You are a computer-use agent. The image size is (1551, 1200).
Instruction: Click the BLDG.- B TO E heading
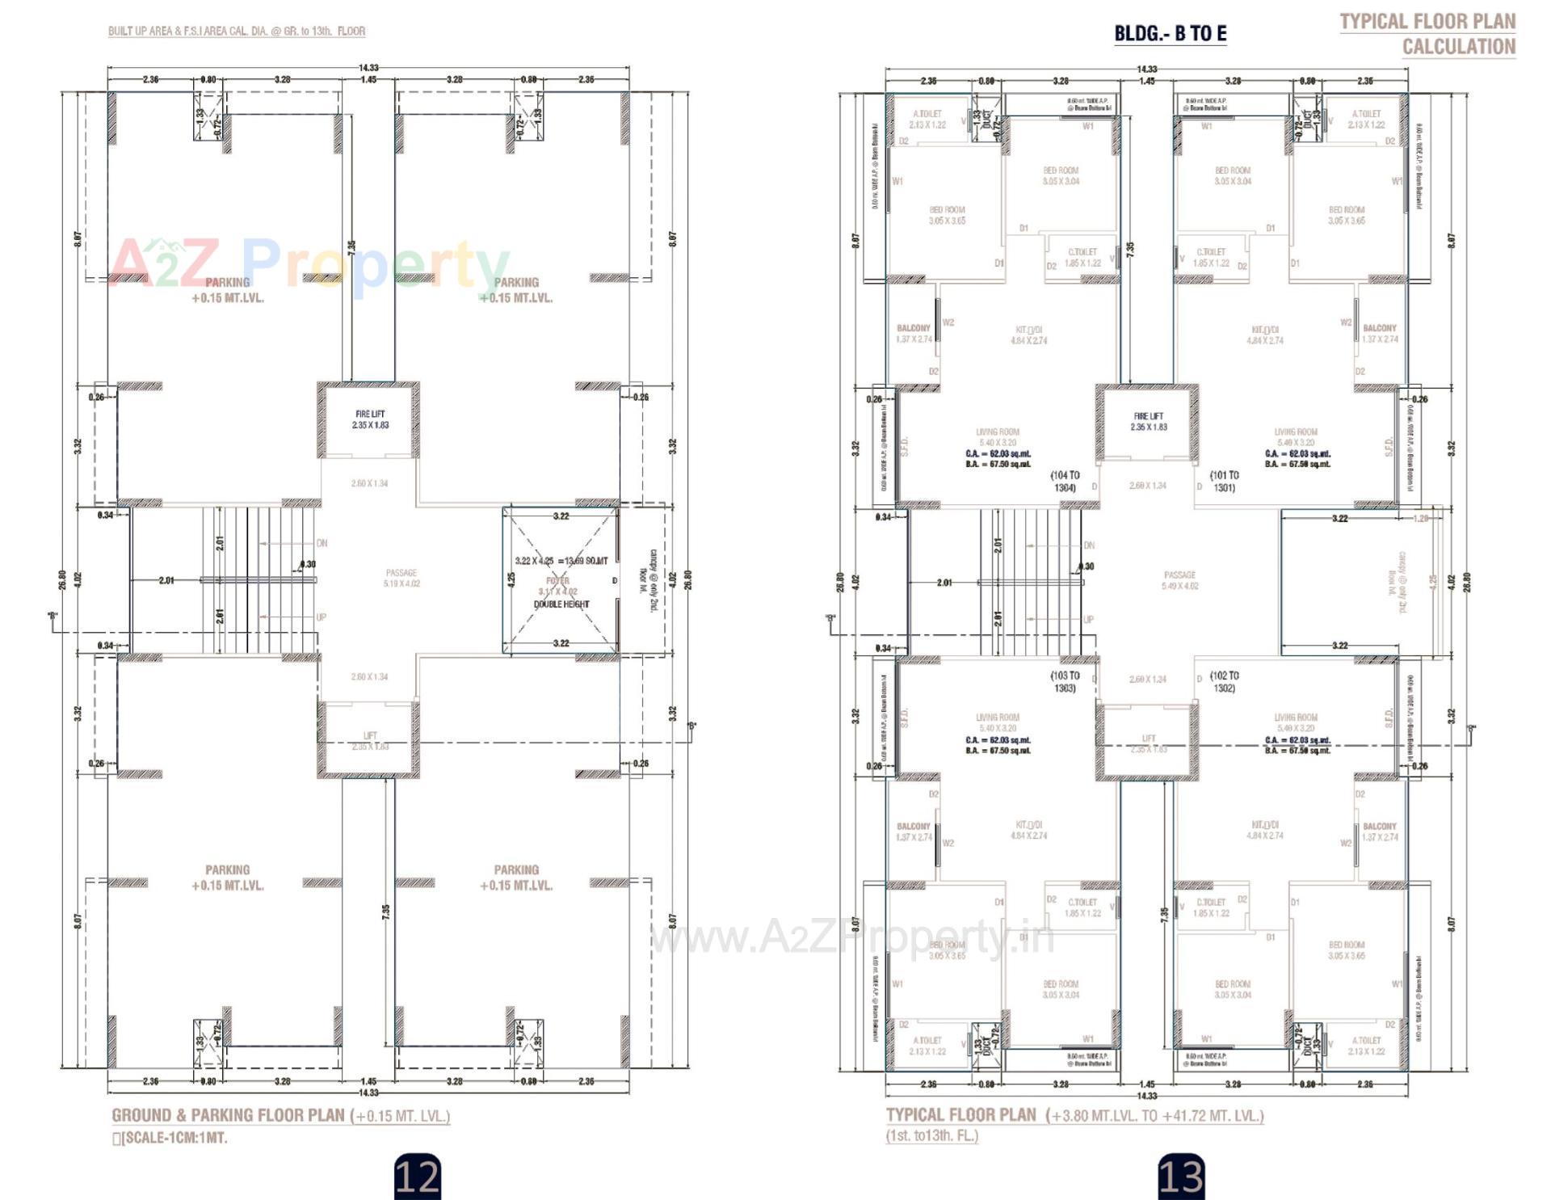pyautogui.click(x=1170, y=33)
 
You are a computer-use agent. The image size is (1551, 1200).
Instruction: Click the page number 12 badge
pyautogui.click(x=418, y=1176)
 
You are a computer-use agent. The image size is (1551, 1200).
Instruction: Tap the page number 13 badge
pyautogui.click(x=1181, y=1176)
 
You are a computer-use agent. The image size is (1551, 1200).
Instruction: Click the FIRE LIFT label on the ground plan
pyautogui.click(x=370, y=419)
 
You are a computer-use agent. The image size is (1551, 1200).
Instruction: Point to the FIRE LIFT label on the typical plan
pyautogui.click(x=1148, y=421)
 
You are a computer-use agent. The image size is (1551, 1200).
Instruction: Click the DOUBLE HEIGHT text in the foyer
pyautogui.click(x=561, y=604)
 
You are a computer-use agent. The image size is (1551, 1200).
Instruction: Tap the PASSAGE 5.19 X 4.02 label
pyautogui.click(x=401, y=578)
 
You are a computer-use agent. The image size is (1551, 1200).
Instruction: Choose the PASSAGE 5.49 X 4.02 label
pyautogui.click(x=1179, y=580)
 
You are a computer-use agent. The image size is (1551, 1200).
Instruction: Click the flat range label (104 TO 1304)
pyautogui.click(x=1065, y=482)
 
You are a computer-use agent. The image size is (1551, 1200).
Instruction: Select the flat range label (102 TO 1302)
pyautogui.click(x=1224, y=681)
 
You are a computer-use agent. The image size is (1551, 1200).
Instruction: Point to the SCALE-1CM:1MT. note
pyautogui.click(x=171, y=1138)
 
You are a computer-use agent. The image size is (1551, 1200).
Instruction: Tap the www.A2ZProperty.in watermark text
pyautogui.click(x=852, y=937)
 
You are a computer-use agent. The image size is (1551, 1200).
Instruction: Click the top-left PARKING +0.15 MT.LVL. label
pyautogui.click(x=228, y=290)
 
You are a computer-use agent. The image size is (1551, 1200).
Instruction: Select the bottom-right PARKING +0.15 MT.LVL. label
pyautogui.click(x=516, y=878)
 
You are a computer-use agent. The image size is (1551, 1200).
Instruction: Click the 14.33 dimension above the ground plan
pyautogui.click(x=368, y=68)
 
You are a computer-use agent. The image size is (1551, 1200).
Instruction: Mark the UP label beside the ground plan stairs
pyautogui.click(x=321, y=617)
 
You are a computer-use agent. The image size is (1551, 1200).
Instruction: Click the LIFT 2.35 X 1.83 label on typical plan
pyautogui.click(x=1148, y=743)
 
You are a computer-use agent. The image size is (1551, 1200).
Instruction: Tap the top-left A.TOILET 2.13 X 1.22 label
pyautogui.click(x=927, y=119)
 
